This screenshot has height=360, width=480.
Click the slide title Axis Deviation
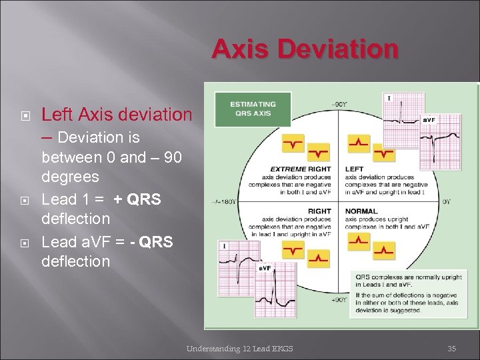tap(305, 49)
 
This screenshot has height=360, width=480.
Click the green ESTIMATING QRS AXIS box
tap(253, 109)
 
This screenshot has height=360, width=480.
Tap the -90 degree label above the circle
tap(338, 104)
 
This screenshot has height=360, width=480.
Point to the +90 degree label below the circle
tap(339, 300)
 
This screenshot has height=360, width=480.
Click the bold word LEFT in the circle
tap(354, 169)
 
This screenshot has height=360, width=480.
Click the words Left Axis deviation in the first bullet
tap(116, 115)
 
